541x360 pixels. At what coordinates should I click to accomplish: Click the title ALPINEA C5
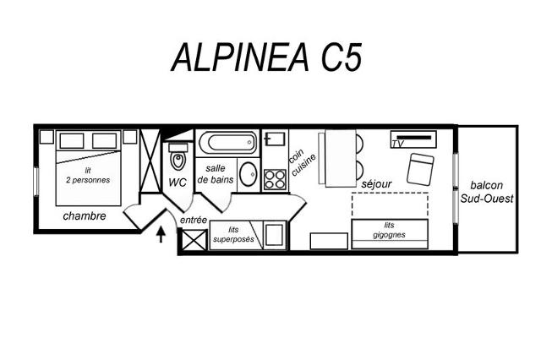266,57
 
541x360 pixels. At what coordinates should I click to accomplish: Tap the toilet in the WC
178,157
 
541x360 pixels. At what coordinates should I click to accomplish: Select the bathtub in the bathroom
228,143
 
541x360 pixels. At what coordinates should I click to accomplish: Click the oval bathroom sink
248,174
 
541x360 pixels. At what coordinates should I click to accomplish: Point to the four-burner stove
275,179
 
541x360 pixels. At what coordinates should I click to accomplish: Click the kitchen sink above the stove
275,139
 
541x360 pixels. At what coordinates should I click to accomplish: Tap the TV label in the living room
397,144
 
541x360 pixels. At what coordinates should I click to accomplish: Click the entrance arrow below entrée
161,234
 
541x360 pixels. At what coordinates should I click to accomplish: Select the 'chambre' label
85,216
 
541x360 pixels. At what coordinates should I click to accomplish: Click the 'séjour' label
376,183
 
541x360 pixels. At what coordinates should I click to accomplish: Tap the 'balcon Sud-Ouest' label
487,192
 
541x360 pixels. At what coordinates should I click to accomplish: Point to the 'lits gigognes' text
389,230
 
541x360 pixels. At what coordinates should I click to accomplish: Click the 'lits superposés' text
233,234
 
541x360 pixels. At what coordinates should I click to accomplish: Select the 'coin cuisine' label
302,162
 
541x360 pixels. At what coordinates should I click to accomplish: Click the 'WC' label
178,183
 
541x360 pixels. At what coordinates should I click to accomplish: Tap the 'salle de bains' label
216,174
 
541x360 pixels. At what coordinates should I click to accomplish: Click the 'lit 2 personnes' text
88,175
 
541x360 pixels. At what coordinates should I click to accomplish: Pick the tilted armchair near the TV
420,169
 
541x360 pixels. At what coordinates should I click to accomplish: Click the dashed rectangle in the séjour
390,205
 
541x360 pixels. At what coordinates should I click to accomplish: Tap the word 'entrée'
194,220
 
